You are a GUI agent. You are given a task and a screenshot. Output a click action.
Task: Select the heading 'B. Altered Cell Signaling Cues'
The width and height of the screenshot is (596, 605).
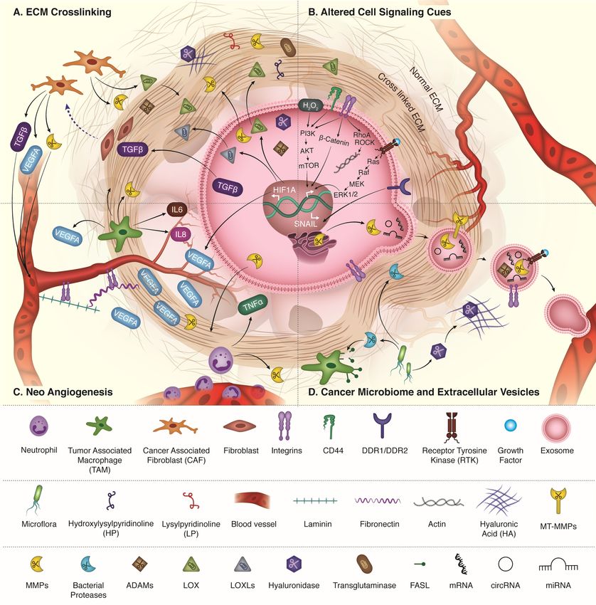pyautogui.click(x=368, y=11)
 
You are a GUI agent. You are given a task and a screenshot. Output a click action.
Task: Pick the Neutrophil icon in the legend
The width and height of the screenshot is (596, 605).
pyautogui.click(x=37, y=428)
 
